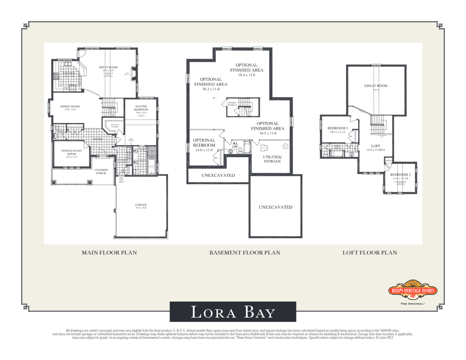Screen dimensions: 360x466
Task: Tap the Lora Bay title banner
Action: (233, 312)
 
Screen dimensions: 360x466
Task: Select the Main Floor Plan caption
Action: (109, 253)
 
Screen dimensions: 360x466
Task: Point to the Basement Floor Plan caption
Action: (245, 253)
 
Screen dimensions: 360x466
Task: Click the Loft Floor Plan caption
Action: (370, 253)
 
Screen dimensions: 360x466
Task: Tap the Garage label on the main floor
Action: (141, 205)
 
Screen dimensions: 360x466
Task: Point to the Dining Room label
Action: (70, 106)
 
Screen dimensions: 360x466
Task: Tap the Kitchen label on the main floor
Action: (69, 73)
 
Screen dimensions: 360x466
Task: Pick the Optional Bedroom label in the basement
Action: (204, 142)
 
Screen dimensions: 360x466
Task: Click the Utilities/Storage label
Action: (272, 159)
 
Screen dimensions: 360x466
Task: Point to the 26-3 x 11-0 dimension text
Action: (211, 89)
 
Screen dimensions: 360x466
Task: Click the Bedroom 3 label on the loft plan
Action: (338, 128)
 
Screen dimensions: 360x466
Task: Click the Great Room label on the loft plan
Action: (375, 85)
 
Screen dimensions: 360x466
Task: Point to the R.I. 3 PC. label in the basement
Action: (235, 145)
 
